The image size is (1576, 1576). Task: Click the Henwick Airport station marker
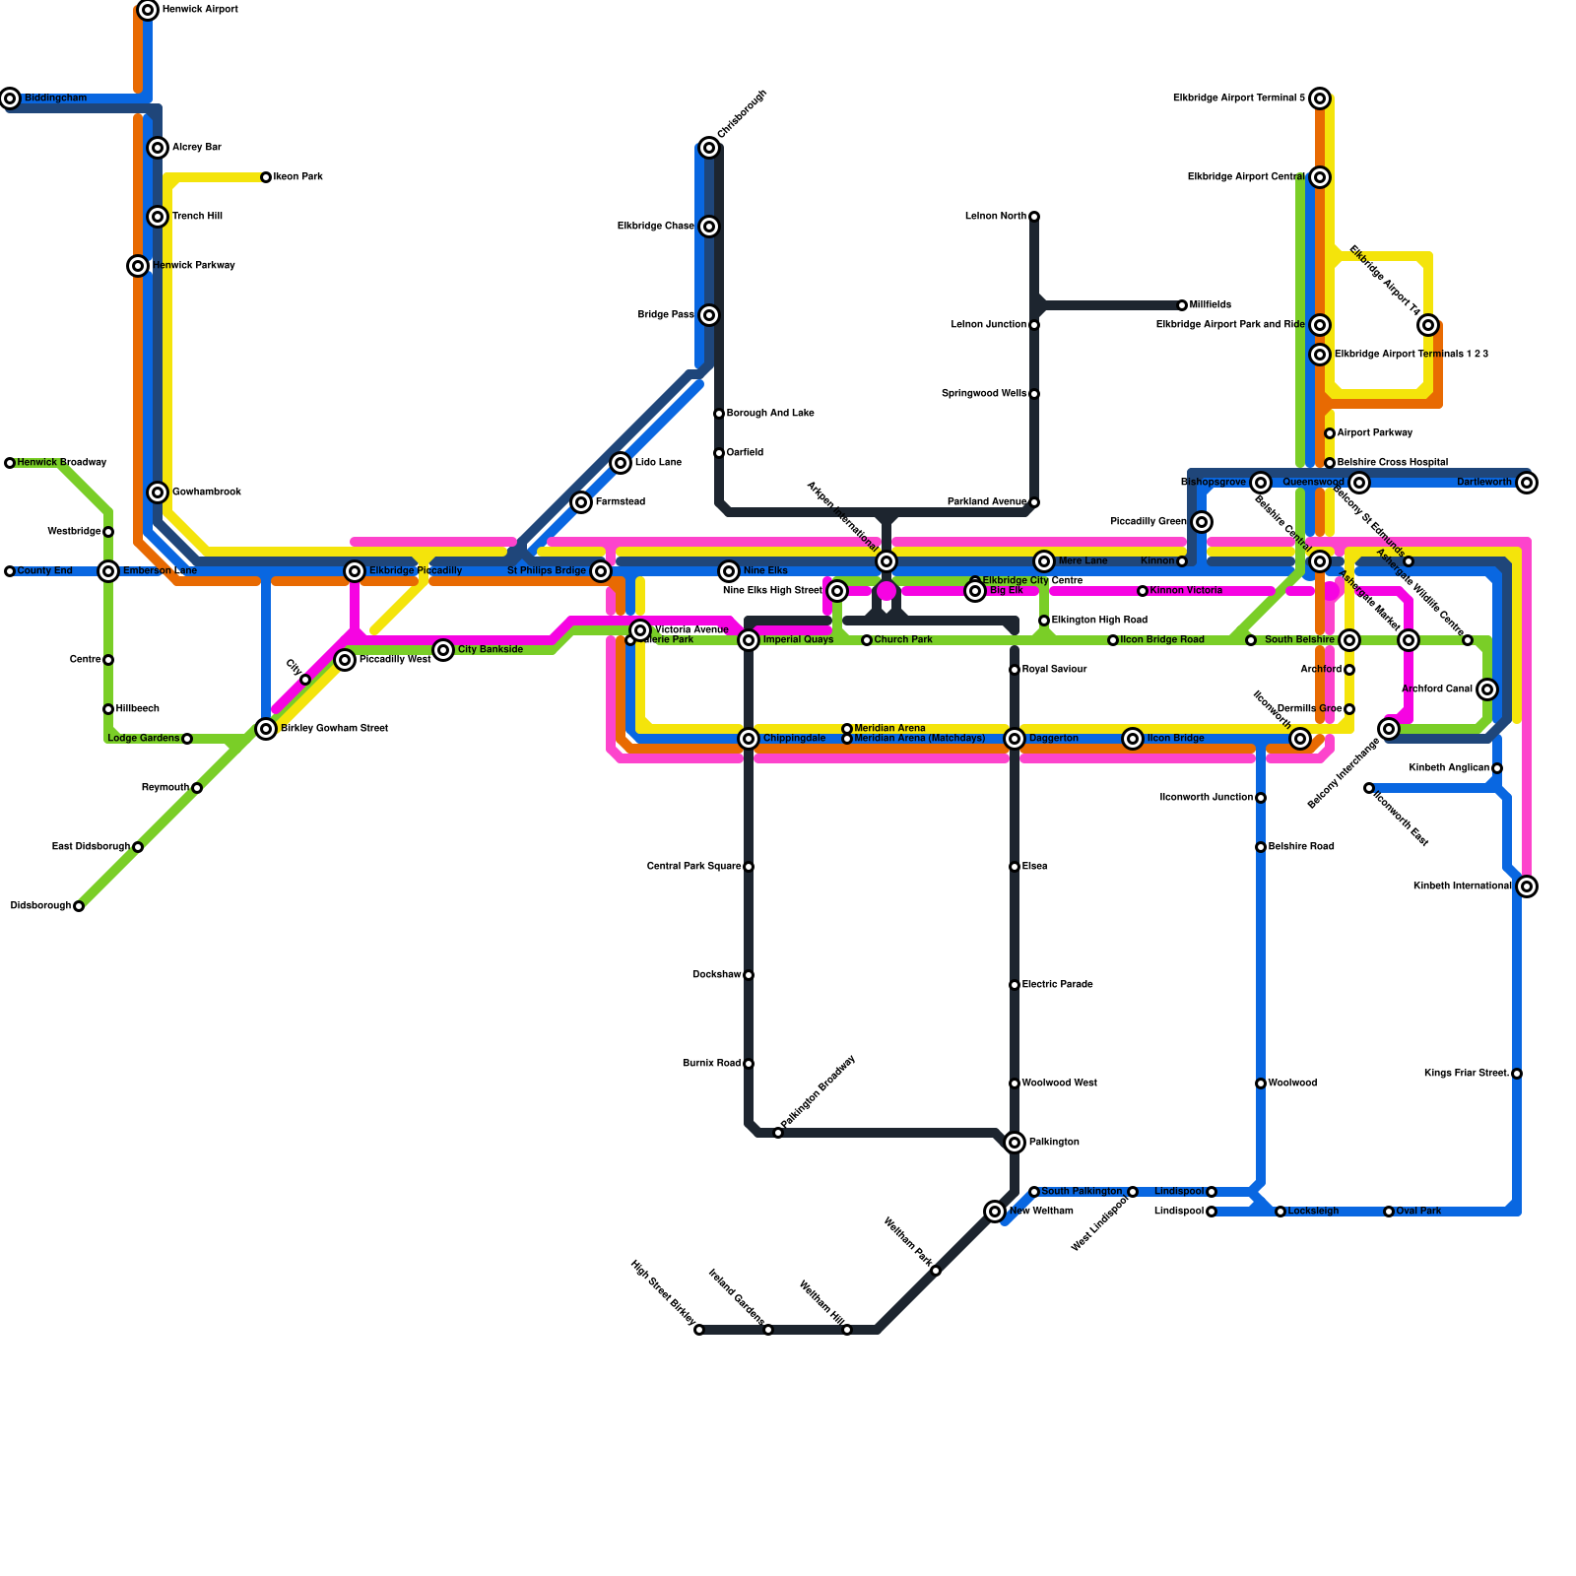(x=148, y=10)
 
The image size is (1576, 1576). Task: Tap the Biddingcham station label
(x=55, y=98)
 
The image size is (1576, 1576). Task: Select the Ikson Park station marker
(x=266, y=177)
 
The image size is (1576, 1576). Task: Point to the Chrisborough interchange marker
(x=709, y=148)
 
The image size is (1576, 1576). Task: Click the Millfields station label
(x=1211, y=305)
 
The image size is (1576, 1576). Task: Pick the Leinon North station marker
(x=1034, y=217)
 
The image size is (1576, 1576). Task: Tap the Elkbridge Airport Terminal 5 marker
(x=1320, y=98)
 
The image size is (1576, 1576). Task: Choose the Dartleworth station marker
(x=1527, y=483)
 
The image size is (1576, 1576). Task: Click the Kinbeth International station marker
(x=1527, y=886)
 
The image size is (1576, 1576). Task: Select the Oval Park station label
(x=1418, y=1212)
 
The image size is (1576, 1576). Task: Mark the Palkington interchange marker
(x=1015, y=1143)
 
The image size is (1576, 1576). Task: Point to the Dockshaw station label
(x=716, y=975)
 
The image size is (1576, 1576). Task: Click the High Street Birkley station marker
(x=699, y=1330)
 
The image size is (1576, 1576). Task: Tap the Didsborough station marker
(x=79, y=906)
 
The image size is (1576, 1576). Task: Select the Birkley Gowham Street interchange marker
(x=266, y=729)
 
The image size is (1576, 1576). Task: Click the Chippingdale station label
(x=794, y=739)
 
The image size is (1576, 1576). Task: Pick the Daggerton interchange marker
(x=1015, y=739)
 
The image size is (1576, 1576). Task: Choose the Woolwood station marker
(x=1261, y=1083)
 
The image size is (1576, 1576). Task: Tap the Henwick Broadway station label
(x=62, y=463)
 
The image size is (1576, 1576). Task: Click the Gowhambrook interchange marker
(x=158, y=492)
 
